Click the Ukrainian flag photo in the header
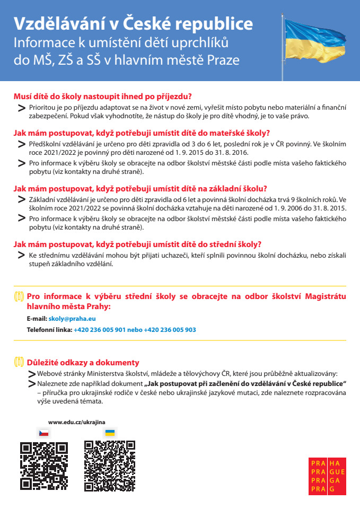(x=318, y=40)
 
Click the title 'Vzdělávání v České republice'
(x=133, y=24)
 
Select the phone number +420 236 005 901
(x=100, y=329)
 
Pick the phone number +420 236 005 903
(x=170, y=329)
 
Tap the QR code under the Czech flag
(x=44, y=466)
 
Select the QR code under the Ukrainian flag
(x=110, y=466)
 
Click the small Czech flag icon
(x=44, y=433)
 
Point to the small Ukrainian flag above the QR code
(x=110, y=433)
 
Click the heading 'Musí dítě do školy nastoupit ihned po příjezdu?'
(x=102, y=96)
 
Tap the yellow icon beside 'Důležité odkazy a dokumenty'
(x=19, y=363)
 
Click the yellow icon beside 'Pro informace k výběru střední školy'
(x=19, y=296)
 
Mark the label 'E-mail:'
(x=37, y=319)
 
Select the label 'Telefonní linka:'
(x=49, y=329)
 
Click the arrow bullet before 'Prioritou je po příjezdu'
(x=22, y=108)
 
